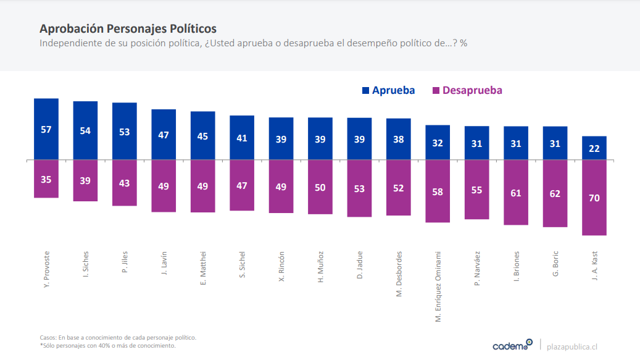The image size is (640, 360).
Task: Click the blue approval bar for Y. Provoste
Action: pyautogui.click(x=46, y=128)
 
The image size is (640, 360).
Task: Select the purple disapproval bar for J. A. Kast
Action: pyautogui.click(x=594, y=198)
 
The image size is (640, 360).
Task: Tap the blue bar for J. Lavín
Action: pyautogui.click(x=164, y=134)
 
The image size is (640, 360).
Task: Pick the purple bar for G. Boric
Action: pyautogui.click(x=555, y=193)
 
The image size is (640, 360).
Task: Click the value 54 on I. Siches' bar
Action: pyautogui.click(x=85, y=131)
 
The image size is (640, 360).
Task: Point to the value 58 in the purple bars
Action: pyautogui.click(x=438, y=192)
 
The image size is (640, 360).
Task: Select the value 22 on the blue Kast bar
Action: pyautogui.click(x=594, y=148)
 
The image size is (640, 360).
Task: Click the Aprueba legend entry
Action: pyautogui.click(x=388, y=90)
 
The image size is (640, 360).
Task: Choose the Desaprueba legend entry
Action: pyautogui.click(x=467, y=90)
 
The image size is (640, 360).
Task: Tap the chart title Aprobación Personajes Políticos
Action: pyautogui.click(x=128, y=29)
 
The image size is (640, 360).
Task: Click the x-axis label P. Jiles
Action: pyautogui.click(x=125, y=262)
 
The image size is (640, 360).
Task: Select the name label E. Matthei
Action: pyautogui.click(x=203, y=267)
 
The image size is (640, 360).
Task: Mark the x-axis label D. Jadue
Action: pyautogui.click(x=359, y=264)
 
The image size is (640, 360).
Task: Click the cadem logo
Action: pyautogui.click(x=512, y=345)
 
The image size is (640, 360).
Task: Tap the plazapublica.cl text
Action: pyautogui.click(x=572, y=346)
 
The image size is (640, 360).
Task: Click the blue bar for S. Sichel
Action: pyautogui.click(x=242, y=138)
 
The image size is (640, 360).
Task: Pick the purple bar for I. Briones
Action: pyautogui.click(x=516, y=193)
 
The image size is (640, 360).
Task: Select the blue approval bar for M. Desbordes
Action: pyautogui.click(x=399, y=139)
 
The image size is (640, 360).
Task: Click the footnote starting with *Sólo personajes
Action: pyautogui.click(x=107, y=346)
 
